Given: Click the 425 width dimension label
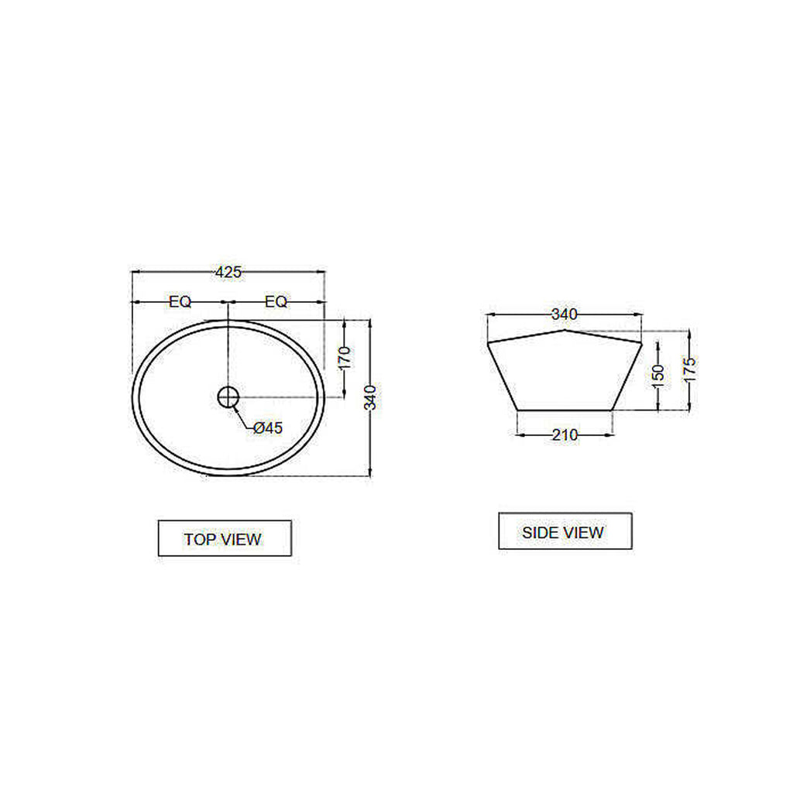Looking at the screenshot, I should (228, 272).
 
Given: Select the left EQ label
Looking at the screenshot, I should (180, 302).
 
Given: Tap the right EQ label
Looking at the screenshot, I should (276, 302).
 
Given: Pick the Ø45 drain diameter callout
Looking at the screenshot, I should (267, 427).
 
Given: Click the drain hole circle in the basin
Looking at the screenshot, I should (228, 397).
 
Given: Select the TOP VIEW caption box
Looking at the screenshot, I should (225, 538).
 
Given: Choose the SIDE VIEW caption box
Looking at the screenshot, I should (565, 532).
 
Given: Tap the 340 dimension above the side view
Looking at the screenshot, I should (564, 314).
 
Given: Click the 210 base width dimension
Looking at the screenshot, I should (565, 435).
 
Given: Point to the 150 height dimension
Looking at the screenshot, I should (658, 376).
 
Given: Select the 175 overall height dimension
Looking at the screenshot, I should (689, 369).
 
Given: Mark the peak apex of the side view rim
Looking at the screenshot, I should (565, 331).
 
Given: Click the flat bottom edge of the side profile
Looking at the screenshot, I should (565, 410).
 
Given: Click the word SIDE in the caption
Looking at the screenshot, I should (540, 533).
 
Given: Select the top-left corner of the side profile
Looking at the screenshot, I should (487, 342).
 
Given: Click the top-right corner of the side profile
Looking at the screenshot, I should (642, 342).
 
